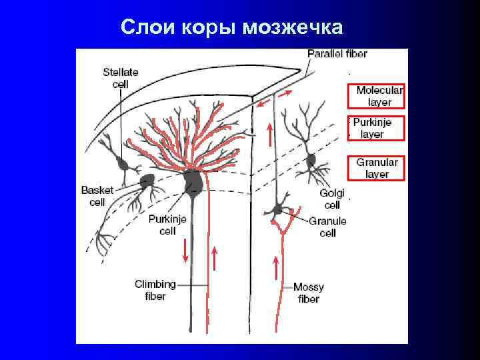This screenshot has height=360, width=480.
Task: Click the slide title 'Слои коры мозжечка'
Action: [x=232, y=27]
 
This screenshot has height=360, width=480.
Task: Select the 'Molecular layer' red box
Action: [x=376, y=96]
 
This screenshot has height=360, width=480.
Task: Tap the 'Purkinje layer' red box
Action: [x=376, y=128]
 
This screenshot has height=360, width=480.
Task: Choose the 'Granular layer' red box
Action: [x=376, y=167]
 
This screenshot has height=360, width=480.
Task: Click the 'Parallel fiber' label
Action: [x=337, y=53]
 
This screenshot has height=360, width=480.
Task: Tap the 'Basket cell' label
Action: [x=97, y=197]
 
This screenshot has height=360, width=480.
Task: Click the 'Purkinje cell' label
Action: [x=167, y=225]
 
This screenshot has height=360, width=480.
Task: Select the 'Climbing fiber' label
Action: [x=155, y=290]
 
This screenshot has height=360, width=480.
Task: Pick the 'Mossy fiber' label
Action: [x=309, y=293]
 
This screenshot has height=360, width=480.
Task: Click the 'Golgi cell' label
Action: [x=331, y=199]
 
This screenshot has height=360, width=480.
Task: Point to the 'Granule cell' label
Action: [x=328, y=227]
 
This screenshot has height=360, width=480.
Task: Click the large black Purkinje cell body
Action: [x=193, y=181]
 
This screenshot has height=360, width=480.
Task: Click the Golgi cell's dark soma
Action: [x=311, y=160]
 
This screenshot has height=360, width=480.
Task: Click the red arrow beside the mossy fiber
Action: [x=276, y=269]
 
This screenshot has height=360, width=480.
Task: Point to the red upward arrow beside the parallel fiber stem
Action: [x=269, y=135]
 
